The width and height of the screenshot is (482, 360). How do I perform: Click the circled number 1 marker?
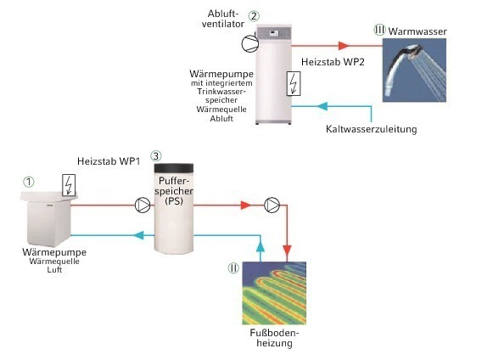tap(29, 183)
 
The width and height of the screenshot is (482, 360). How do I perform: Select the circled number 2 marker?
tap(254, 16)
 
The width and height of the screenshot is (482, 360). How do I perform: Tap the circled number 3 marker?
tap(156, 156)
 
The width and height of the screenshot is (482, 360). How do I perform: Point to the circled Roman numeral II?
tap(233, 268)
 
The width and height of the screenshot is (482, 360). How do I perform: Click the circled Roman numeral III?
tap(379, 31)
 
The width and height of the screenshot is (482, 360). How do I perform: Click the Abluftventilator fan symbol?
tap(249, 44)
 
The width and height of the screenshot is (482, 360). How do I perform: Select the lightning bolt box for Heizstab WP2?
tap(294, 84)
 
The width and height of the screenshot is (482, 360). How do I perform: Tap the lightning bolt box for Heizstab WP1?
tap(69, 184)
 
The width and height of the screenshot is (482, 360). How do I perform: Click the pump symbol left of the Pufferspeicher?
tap(143, 205)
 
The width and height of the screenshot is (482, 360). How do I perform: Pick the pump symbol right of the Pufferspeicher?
tap(272, 205)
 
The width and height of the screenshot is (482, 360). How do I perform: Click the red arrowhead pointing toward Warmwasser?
tap(344, 46)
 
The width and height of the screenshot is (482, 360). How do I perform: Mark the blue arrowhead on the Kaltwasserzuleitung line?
tap(322, 106)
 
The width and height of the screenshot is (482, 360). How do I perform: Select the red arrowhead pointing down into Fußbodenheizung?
tap(287, 250)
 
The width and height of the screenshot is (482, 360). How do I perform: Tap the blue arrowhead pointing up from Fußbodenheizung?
tap(261, 246)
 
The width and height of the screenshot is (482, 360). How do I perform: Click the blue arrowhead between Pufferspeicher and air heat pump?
tap(139, 235)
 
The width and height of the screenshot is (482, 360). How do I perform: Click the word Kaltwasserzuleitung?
tap(372, 129)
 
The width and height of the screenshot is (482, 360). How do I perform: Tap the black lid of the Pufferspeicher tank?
tap(174, 168)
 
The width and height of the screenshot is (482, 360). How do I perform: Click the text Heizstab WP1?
tap(109, 161)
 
